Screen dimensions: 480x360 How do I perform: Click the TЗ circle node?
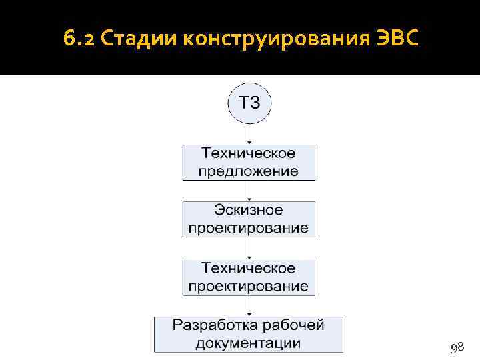tap(250, 103)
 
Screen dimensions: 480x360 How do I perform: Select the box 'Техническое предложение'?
tap(249, 162)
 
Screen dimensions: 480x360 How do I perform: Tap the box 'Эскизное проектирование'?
tap(249, 219)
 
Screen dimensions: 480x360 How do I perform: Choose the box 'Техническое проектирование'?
tap(249, 277)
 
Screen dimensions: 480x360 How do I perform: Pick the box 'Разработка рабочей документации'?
tap(249, 335)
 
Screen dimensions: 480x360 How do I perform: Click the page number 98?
tap(457, 348)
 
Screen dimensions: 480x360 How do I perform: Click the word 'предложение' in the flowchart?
tap(249, 171)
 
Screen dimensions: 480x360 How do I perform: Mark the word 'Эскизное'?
tap(249, 211)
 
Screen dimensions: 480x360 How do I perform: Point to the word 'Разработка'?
tap(211, 326)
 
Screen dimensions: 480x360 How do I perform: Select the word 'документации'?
tap(249, 343)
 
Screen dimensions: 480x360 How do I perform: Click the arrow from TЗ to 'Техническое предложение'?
tap(249, 134)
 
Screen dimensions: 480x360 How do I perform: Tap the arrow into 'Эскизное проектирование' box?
tap(249, 191)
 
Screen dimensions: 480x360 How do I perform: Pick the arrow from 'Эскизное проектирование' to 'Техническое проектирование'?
tap(249, 249)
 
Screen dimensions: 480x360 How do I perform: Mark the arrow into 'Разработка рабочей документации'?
tap(249, 307)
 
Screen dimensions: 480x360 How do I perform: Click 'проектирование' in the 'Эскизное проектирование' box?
tap(249, 228)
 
